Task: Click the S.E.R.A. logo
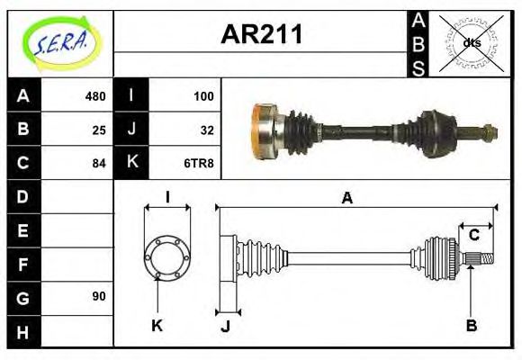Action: tap(60, 42)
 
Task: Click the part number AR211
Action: tap(261, 36)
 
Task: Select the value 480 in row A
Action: tap(94, 95)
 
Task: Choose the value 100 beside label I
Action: tap(203, 95)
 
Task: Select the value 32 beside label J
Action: tap(207, 130)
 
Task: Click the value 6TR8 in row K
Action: tap(201, 164)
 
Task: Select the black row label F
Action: tap(22, 264)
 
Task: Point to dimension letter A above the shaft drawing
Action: tap(346, 197)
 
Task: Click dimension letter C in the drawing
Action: tap(473, 235)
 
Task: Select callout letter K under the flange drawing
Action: tap(157, 325)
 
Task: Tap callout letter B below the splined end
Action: tap(471, 325)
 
